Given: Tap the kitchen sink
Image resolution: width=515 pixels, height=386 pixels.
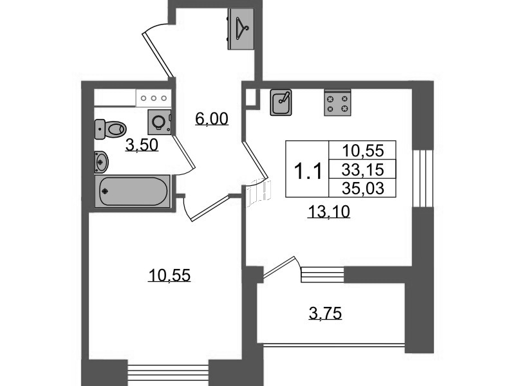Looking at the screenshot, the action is [281, 103].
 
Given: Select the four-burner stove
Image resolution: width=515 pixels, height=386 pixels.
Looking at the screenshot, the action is [337, 103].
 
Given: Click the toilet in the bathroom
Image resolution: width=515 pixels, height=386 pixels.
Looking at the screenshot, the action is [110, 129].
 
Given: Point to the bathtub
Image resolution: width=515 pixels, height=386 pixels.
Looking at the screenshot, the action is [133, 191].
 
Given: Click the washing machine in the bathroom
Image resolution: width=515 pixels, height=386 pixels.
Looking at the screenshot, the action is [160, 122].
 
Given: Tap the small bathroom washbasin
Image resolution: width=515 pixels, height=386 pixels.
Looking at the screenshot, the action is [101, 162].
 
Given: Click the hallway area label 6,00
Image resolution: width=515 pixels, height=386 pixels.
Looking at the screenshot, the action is [212, 119].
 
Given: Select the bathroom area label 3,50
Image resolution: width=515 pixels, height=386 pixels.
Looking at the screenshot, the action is [142, 145].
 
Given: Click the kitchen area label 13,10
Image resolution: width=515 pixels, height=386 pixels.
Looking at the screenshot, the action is [329, 212].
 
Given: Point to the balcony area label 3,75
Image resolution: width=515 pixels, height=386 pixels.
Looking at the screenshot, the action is [325, 313].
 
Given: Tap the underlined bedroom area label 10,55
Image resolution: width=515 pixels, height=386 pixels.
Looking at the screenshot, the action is [169, 275].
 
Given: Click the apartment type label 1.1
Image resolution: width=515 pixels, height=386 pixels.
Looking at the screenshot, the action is [308, 171].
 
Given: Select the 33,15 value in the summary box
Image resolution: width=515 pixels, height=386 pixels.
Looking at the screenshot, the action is [362, 170].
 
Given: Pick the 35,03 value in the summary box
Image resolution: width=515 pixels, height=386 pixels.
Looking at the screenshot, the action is [362, 188].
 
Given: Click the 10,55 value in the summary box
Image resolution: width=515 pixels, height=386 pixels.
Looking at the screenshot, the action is [362, 151].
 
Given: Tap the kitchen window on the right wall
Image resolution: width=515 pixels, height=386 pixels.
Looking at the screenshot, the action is [423, 178].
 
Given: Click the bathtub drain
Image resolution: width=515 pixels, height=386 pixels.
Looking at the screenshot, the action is [105, 191].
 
